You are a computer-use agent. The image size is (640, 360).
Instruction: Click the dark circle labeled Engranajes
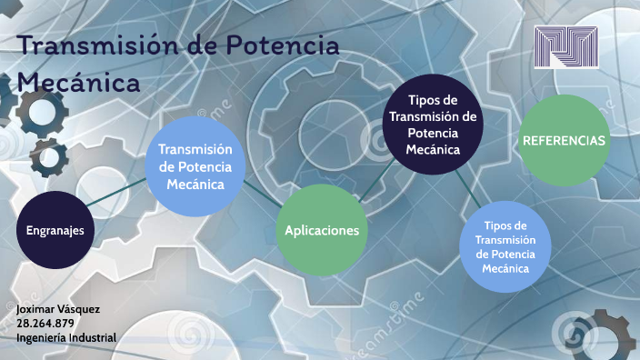[x=55, y=230]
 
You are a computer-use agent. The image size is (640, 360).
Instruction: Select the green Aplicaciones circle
[x=322, y=231]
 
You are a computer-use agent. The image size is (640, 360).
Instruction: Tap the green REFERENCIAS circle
[x=563, y=141]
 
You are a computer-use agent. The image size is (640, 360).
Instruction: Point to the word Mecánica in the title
[x=78, y=83]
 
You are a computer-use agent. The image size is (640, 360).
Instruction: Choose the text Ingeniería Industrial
[x=66, y=337]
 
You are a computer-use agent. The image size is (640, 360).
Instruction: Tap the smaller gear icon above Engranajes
[x=48, y=157]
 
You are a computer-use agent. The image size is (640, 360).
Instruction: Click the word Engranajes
[x=55, y=230]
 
